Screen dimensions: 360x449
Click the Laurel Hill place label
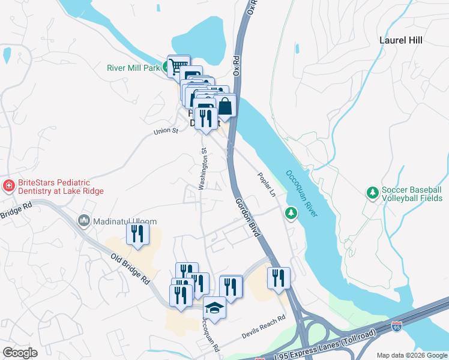pyautogui.click(x=401, y=41)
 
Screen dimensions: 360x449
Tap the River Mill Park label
pyautogui.click(x=133, y=68)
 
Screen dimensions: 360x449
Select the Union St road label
pyautogui.click(x=166, y=131)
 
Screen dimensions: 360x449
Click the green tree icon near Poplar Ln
pyautogui.click(x=291, y=213)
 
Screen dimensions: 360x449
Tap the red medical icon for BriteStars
pyautogui.click(x=8, y=186)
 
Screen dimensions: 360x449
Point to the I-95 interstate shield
pyautogui.click(x=396, y=327)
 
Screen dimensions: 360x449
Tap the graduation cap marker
pyautogui.click(x=214, y=308)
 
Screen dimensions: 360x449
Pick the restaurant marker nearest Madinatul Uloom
pyautogui.click(x=137, y=233)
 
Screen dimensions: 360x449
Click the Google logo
pyautogui.click(x=20, y=353)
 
